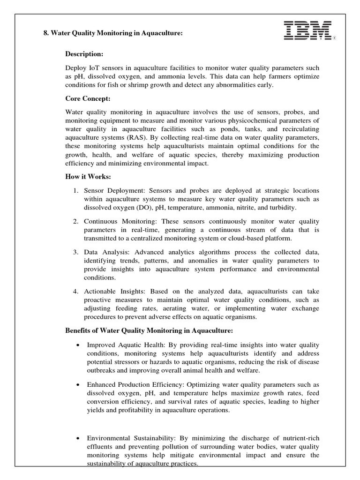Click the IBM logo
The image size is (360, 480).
[x=308, y=31]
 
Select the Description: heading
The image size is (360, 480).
[x=83, y=54]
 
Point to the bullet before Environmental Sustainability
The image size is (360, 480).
[x=77, y=438]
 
